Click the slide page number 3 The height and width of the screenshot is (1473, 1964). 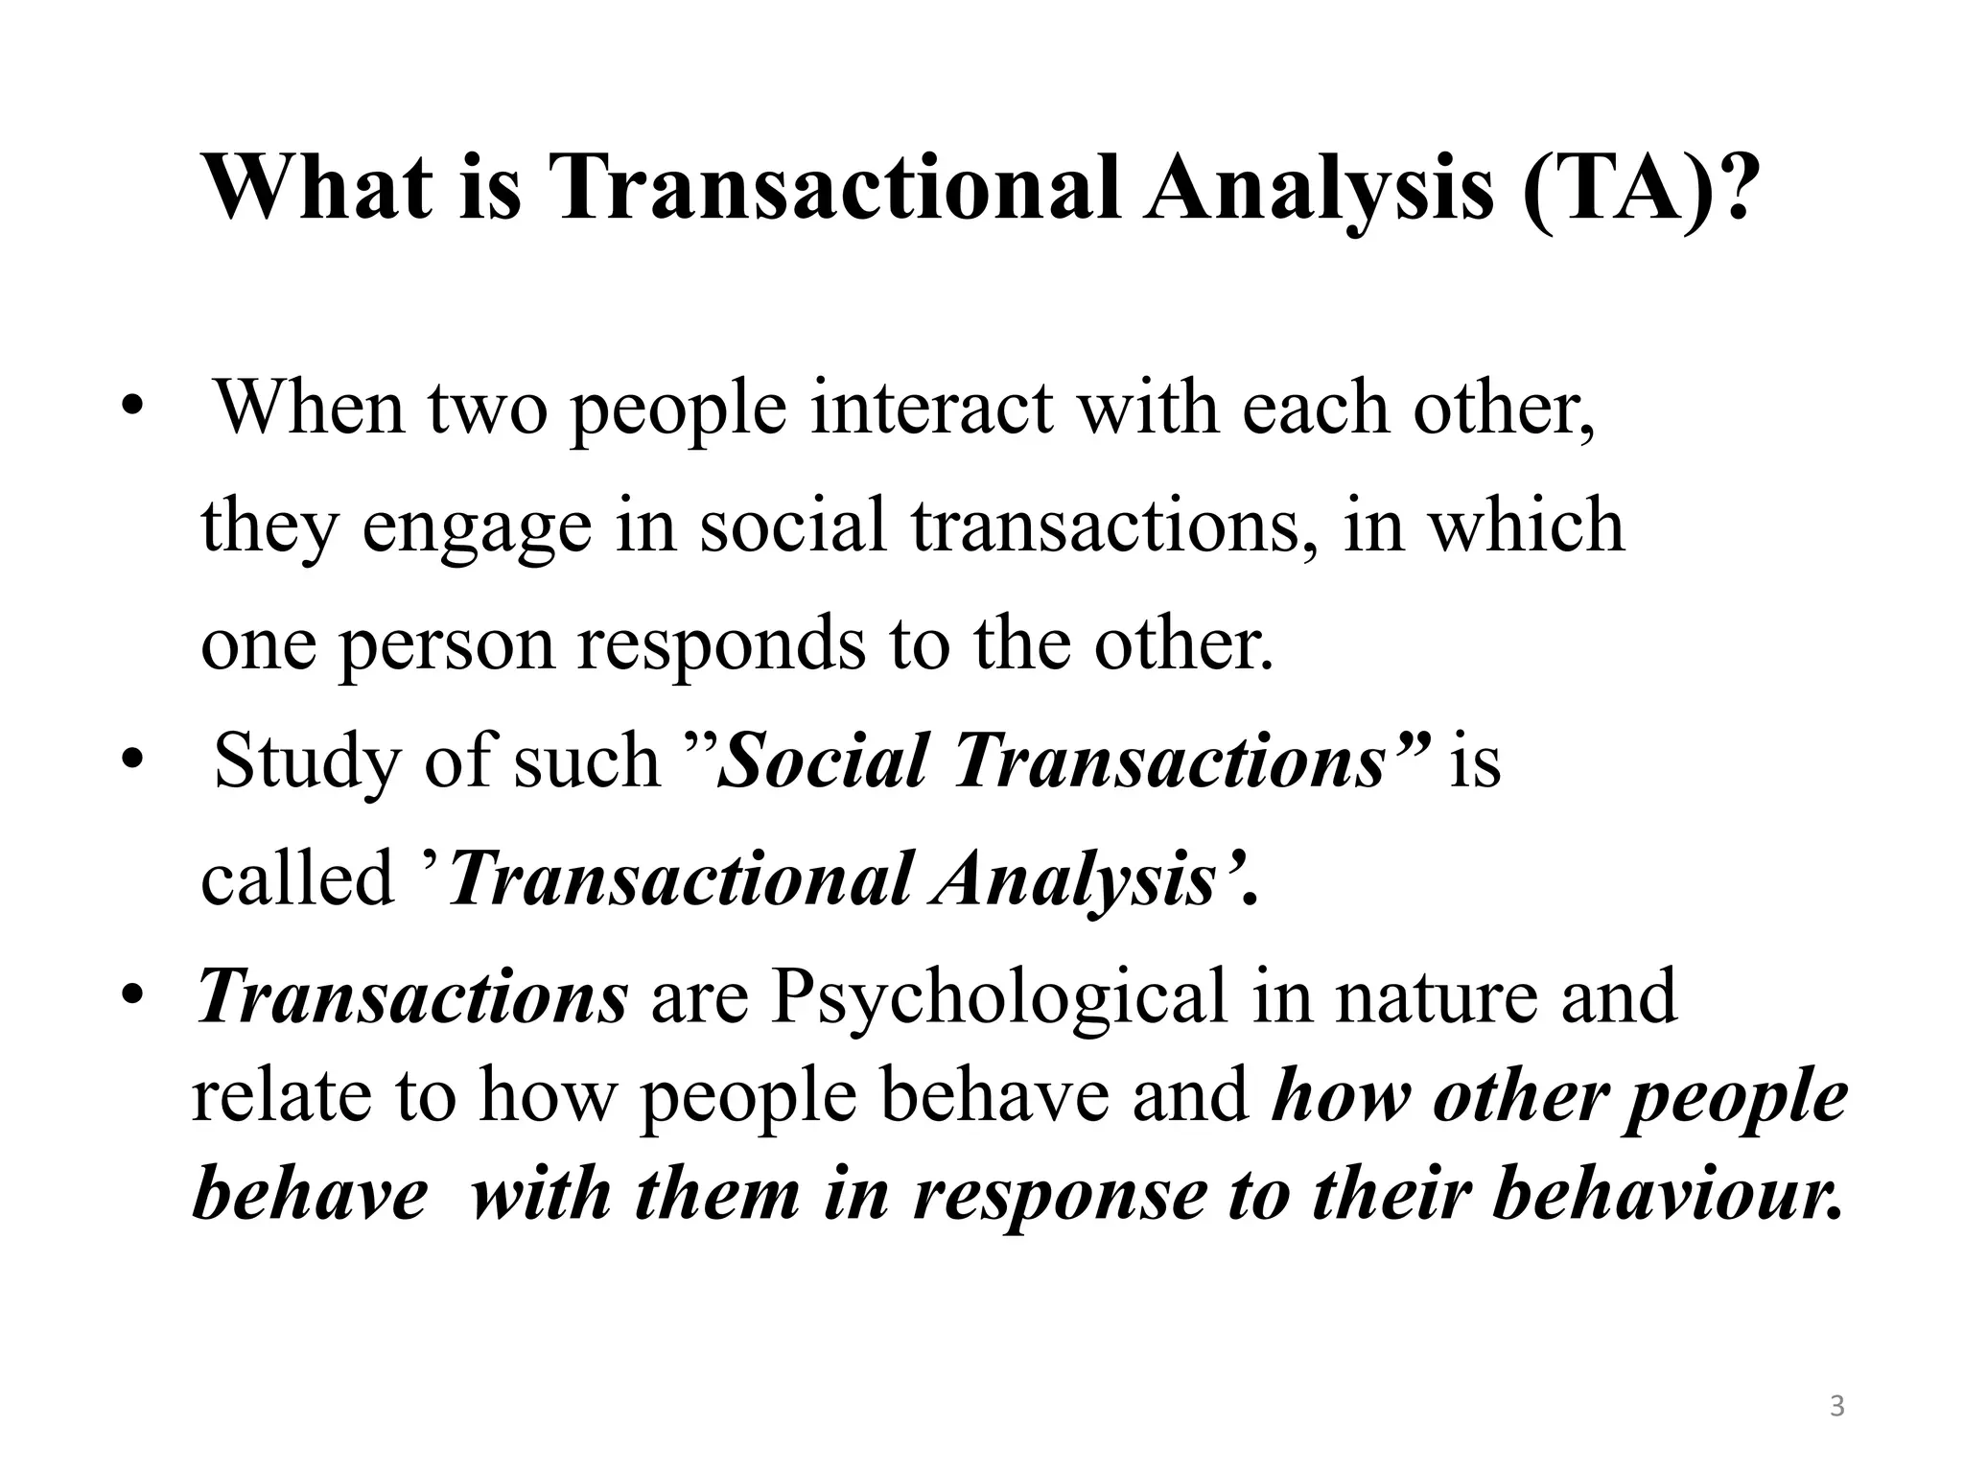click(x=1836, y=1407)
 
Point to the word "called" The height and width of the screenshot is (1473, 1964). click(x=297, y=878)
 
